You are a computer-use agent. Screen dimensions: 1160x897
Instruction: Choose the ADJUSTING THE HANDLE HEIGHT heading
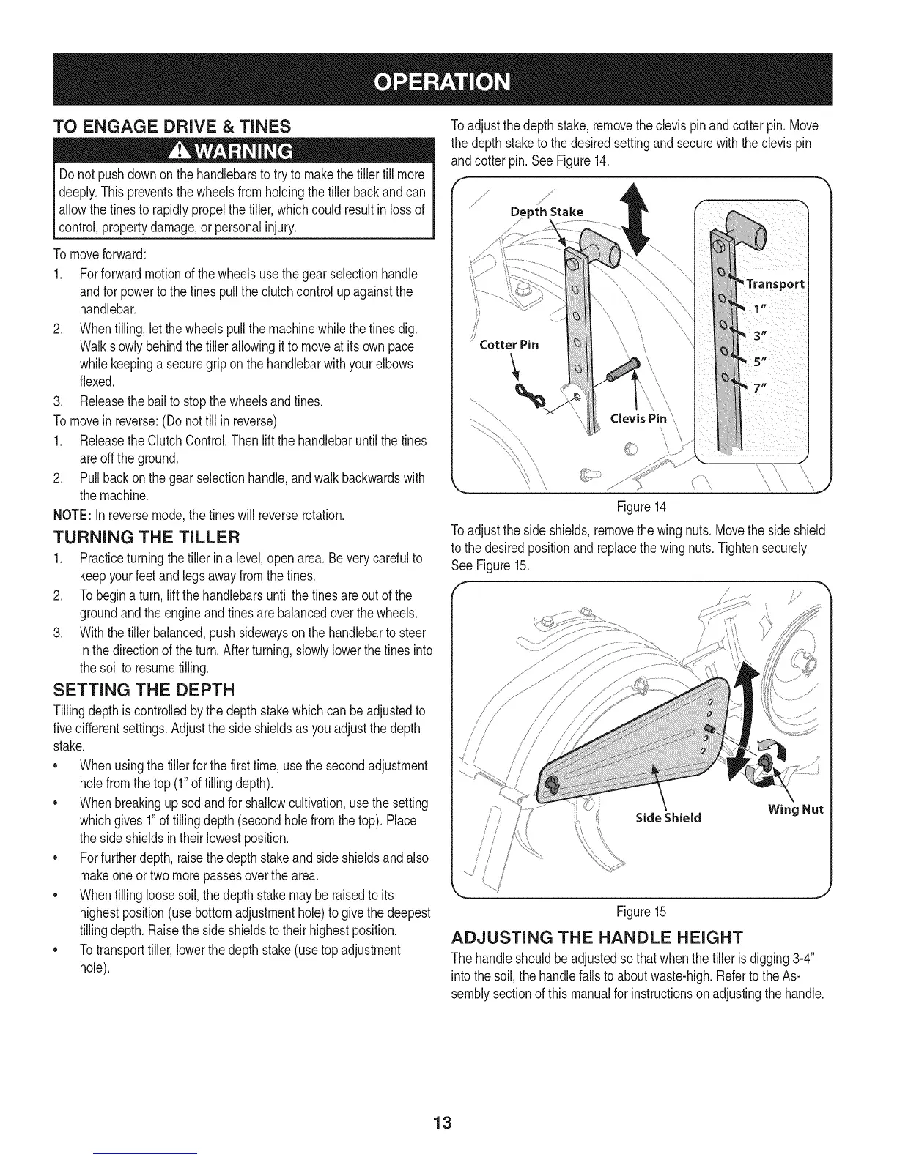[x=597, y=938]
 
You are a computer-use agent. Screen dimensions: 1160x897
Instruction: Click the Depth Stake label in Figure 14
[x=547, y=212]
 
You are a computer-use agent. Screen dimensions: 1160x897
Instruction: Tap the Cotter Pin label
[x=509, y=344]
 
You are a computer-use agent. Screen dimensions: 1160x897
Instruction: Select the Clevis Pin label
[x=639, y=419]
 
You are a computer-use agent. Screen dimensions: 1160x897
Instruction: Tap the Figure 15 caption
[x=641, y=912]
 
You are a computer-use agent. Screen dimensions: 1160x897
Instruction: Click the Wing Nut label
[x=796, y=809]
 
